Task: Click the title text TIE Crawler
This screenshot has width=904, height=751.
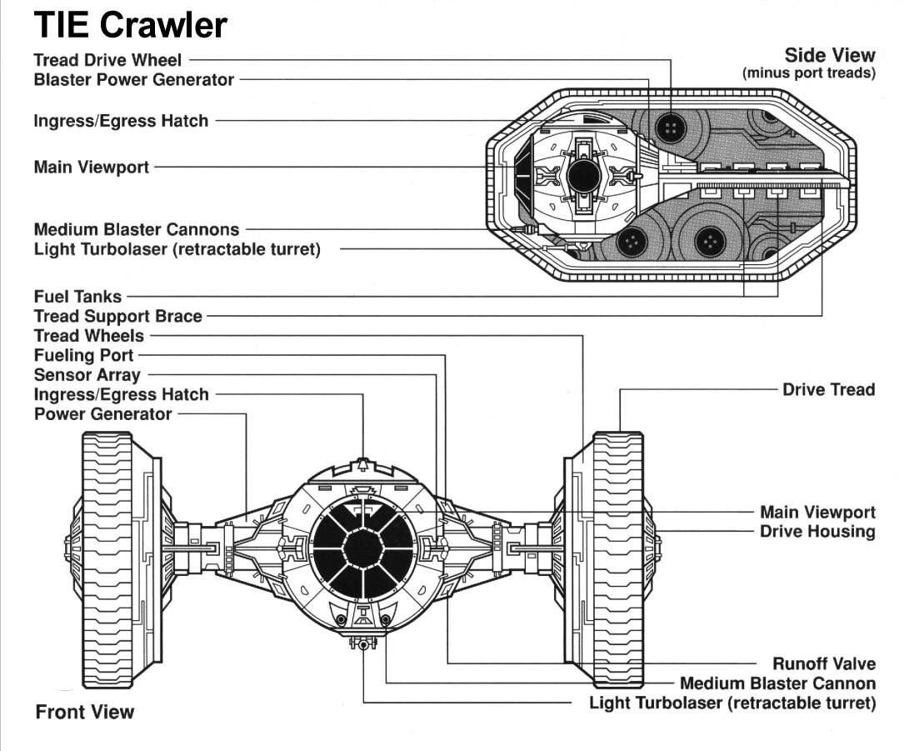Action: click(x=130, y=26)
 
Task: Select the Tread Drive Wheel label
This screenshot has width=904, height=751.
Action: click(x=107, y=60)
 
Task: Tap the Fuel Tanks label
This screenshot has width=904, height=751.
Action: click(x=77, y=296)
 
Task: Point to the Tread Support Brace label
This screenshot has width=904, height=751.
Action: click(x=117, y=316)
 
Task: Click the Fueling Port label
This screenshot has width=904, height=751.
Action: click(x=83, y=356)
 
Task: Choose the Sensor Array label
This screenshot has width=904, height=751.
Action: click(x=87, y=375)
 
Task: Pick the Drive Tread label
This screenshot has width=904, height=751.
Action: click(x=828, y=389)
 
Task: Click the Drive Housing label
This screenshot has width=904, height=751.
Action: click(x=817, y=531)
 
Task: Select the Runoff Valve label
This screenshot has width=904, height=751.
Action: click(x=824, y=663)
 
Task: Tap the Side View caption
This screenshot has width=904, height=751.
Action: click(x=830, y=56)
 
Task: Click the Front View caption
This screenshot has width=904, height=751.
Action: click(x=84, y=712)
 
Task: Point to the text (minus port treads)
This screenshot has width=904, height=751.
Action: click(x=808, y=73)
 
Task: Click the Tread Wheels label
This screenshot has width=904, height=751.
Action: click(x=88, y=336)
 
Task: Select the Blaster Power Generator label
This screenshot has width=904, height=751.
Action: click(x=133, y=80)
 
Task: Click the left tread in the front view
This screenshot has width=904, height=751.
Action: click(x=107, y=558)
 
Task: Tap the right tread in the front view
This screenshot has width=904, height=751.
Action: click(x=617, y=558)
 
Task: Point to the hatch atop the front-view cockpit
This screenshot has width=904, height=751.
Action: click(x=362, y=463)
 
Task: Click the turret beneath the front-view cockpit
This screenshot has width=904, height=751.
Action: click(x=362, y=643)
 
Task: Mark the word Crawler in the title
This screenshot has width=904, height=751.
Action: click(x=163, y=26)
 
